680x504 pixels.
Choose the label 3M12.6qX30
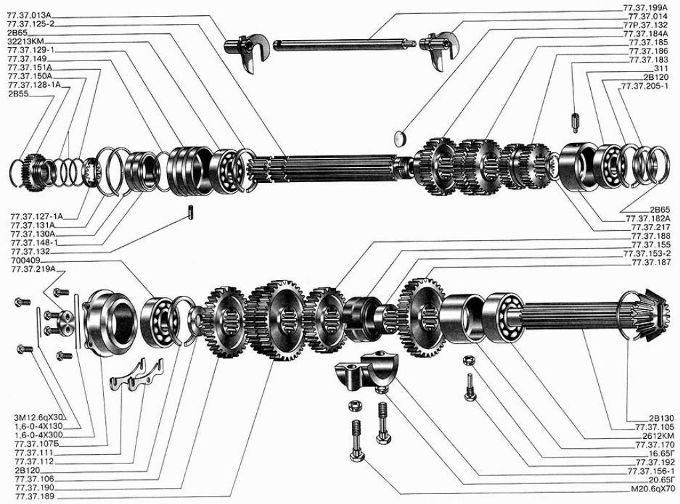click(39, 418)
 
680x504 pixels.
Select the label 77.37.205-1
click(645, 86)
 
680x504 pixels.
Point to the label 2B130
click(662, 418)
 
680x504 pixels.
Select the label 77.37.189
click(35, 496)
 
